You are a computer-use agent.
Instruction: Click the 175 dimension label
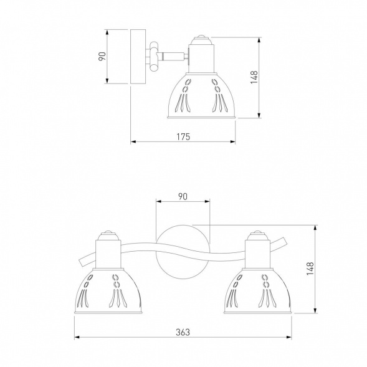click(x=183, y=136)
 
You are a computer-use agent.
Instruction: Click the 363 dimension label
click(x=183, y=332)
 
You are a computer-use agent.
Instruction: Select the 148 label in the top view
click(x=254, y=77)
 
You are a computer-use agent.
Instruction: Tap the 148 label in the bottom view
click(x=310, y=269)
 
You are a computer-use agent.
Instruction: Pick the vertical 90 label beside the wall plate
click(x=102, y=57)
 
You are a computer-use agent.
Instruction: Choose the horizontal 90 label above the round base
click(x=183, y=196)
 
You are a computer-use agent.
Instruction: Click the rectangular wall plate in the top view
click(x=138, y=57)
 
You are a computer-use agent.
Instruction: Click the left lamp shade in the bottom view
click(x=108, y=291)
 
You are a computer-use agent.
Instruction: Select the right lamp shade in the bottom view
click(x=258, y=291)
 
